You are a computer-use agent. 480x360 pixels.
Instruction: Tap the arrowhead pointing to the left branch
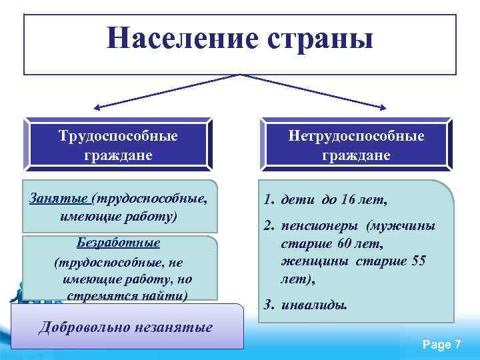tap(97, 107)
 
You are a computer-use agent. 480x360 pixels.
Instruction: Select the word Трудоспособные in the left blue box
tap(118, 136)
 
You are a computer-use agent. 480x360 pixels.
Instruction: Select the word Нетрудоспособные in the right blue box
tap(356, 136)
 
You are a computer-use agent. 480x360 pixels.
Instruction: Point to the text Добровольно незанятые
tap(126, 327)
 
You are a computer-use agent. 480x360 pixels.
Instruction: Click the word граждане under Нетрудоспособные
tap(356, 155)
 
